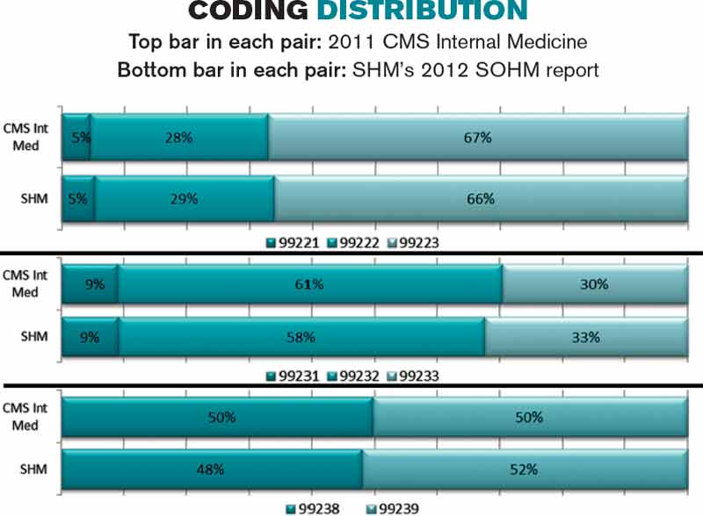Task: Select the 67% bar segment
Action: pyautogui.click(x=478, y=138)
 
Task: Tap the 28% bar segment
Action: pyautogui.click(x=179, y=138)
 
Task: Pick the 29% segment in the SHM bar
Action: pyautogui.click(x=185, y=198)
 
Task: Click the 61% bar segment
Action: pyautogui.click(x=310, y=284)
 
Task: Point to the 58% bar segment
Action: pyautogui.click(x=301, y=336)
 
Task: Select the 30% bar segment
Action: pyautogui.click(x=595, y=284)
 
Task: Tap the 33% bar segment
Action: pyautogui.click(x=586, y=336)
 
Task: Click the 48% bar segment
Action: pyautogui.click(x=212, y=469)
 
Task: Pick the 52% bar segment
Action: pyautogui.click(x=525, y=469)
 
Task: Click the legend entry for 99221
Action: pyautogui.click(x=294, y=242)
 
